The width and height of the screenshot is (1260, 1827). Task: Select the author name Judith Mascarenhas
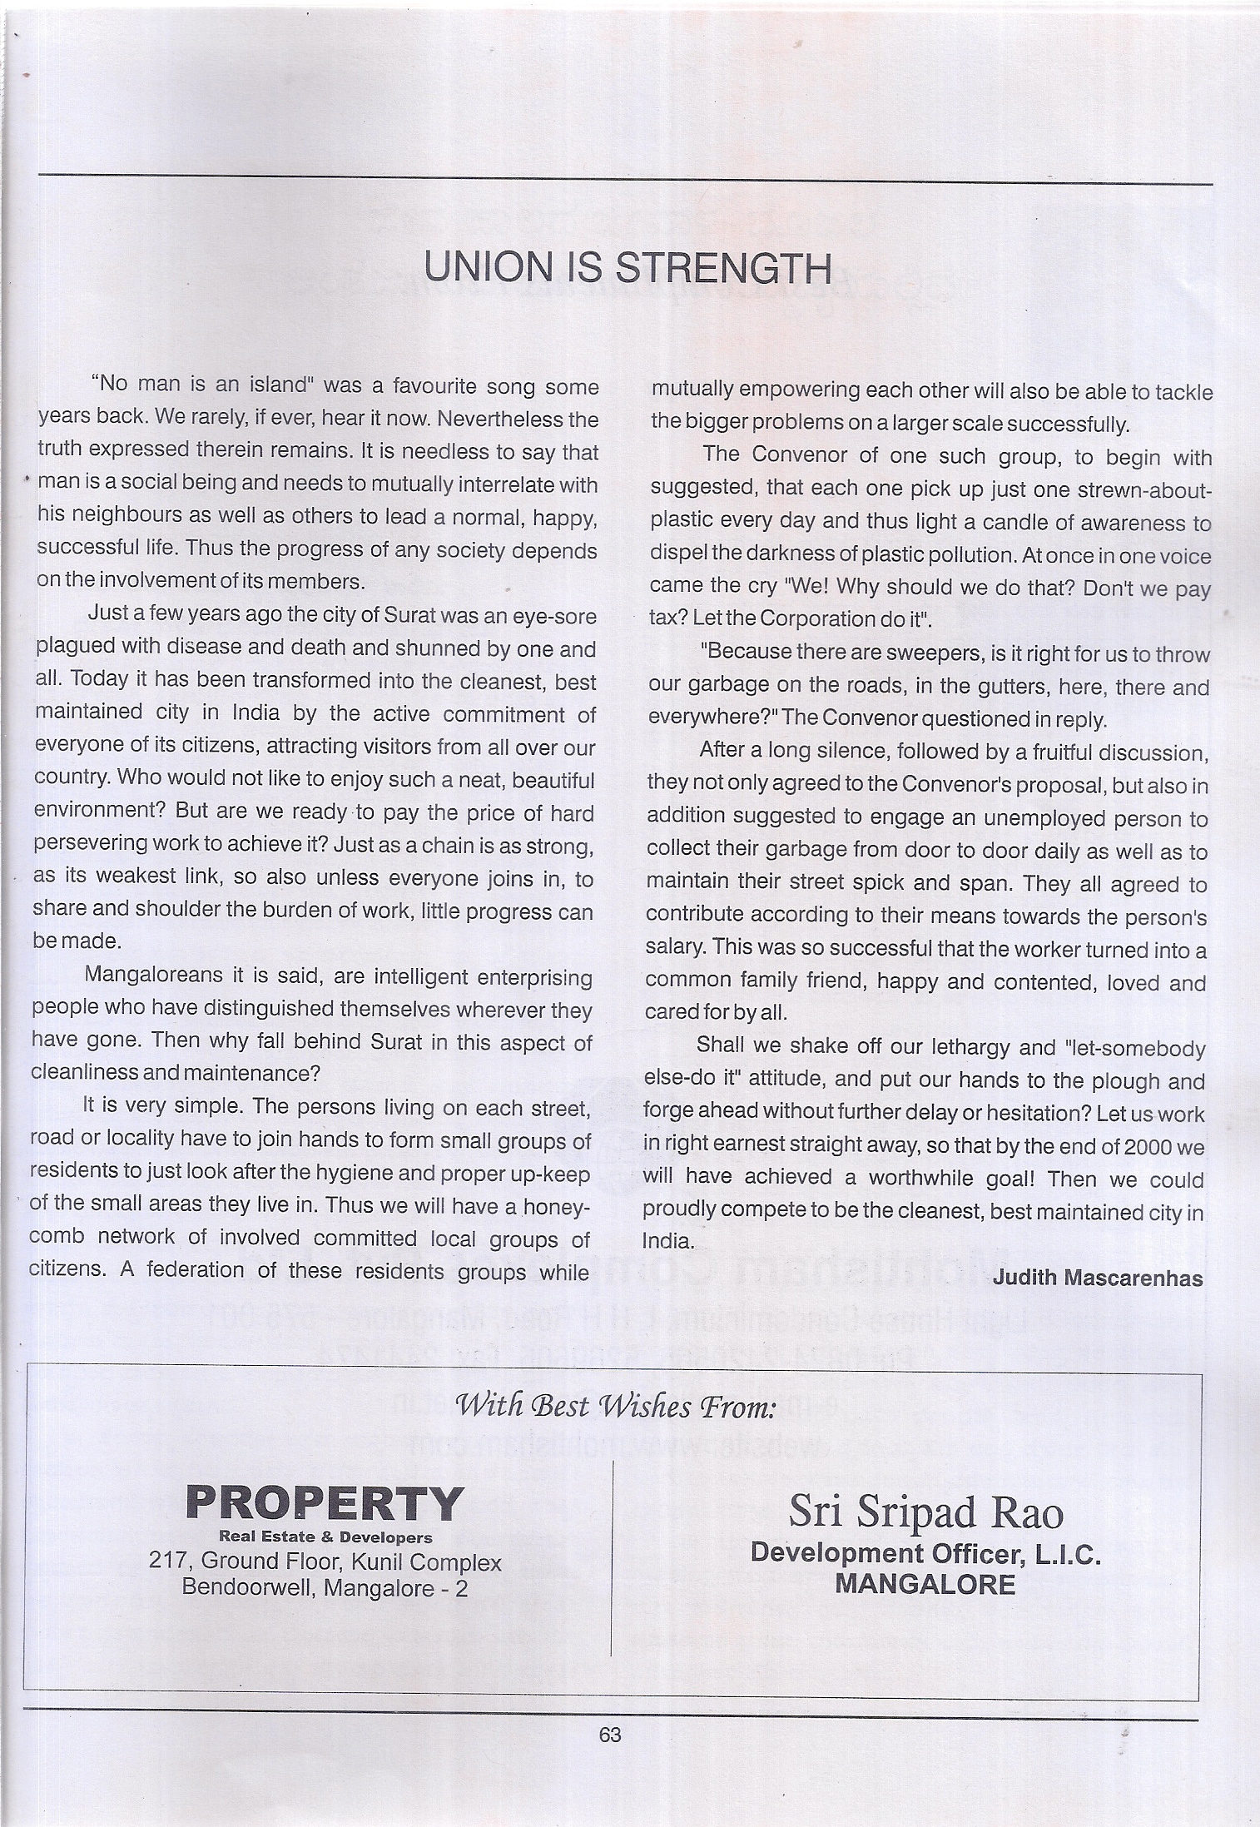[1098, 1278]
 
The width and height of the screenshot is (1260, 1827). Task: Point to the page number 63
[610, 1735]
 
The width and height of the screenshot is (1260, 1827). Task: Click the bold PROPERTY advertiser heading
[325, 1504]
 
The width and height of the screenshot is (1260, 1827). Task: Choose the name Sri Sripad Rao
[925, 1511]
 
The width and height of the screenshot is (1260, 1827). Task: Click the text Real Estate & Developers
[325, 1537]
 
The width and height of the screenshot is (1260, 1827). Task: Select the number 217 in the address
[165, 1561]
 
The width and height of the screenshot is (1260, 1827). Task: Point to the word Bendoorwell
[249, 1588]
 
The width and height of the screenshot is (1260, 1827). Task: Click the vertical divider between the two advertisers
[612, 1556]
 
